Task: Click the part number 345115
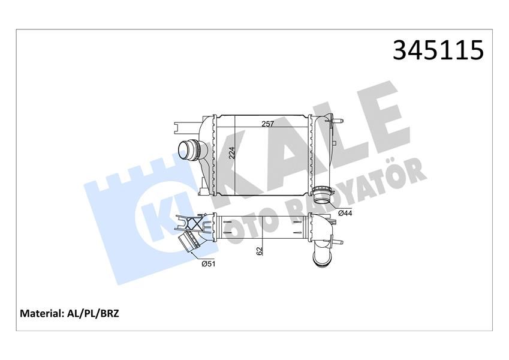point(438,50)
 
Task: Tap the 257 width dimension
point(267,124)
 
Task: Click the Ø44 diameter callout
point(345,213)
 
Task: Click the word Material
point(43,313)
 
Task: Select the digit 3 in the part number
point(401,50)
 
